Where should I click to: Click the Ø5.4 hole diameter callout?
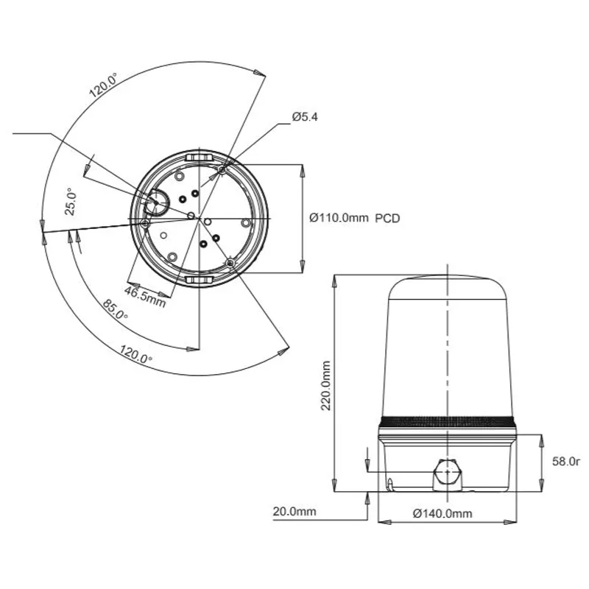tap(305, 117)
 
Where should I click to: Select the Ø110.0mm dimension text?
tap(339, 218)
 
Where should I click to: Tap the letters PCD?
tap(387, 218)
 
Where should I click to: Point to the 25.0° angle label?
tap(71, 201)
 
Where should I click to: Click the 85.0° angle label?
tap(115, 309)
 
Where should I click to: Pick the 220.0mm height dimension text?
tap(325, 386)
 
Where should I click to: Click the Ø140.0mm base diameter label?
tap(442, 513)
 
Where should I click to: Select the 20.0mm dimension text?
tap(294, 511)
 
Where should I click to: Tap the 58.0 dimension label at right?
tap(566, 462)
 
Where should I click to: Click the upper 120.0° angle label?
tap(103, 85)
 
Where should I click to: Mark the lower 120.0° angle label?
tap(135, 353)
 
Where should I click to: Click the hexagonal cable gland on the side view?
tap(448, 474)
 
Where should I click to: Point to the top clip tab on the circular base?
tap(199, 155)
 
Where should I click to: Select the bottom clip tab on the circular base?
tap(199, 281)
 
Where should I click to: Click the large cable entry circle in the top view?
tap(158, 202)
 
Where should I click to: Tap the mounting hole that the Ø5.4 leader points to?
tap(222, 171)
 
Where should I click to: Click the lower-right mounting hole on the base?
tap(230, 262)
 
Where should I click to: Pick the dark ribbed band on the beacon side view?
tap(447, 421)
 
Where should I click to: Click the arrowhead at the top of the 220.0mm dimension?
tap(334, 281)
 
